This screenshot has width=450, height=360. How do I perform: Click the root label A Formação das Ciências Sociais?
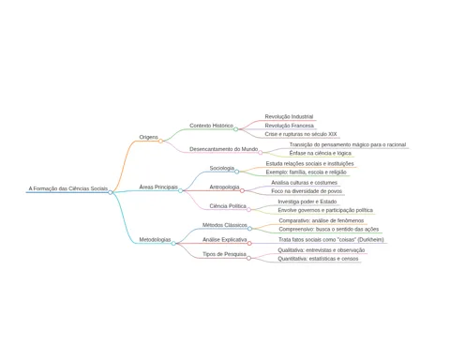(68, 188)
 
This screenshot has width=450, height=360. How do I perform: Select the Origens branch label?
(149, 137)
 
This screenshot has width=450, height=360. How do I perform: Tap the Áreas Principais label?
(158, 187)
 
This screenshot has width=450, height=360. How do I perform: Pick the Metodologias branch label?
(155, 240)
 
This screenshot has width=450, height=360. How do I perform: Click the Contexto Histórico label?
(211, 126)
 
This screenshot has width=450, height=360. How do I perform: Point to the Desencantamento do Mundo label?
(224, 149)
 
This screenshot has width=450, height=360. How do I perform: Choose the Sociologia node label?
(222, 168)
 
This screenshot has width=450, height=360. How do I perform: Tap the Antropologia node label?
(224, 187)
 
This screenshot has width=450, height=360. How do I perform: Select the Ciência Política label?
(228, 206)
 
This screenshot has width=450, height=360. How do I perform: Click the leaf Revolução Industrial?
(289, 116)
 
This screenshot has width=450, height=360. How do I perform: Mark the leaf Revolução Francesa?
(290, 126)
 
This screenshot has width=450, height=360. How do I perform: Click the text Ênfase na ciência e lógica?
(321, 153)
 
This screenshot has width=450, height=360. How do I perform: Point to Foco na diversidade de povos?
(307, 191)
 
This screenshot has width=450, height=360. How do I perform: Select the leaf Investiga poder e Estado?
(307, 202)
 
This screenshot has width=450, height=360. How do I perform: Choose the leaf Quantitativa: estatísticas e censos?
(318, 259)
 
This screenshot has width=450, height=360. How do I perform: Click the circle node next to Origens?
(160, 141)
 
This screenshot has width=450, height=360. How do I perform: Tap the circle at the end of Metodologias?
(173, 243)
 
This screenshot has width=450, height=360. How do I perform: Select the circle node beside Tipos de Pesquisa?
(248, 258)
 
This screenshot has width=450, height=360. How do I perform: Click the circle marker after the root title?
(110, 192)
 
